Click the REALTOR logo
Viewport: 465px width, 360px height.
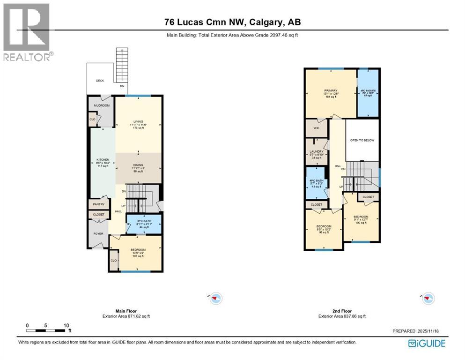27,32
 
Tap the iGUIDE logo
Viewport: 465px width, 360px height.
427,344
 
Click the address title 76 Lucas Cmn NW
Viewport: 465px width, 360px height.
232,22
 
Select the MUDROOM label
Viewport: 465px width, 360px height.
102,105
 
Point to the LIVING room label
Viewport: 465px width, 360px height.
138,121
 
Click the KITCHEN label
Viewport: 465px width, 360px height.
103,160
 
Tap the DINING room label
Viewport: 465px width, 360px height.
138,165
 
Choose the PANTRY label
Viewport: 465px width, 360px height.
98,204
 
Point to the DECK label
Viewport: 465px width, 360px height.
100,81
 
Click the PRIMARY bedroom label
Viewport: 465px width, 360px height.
331,90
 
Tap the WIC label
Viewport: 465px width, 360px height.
316,127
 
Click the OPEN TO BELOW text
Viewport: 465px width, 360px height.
362,140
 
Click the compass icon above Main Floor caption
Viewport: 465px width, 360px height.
215,298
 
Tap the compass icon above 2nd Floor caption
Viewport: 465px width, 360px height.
428,298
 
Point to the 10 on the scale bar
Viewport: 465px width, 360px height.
66,325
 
